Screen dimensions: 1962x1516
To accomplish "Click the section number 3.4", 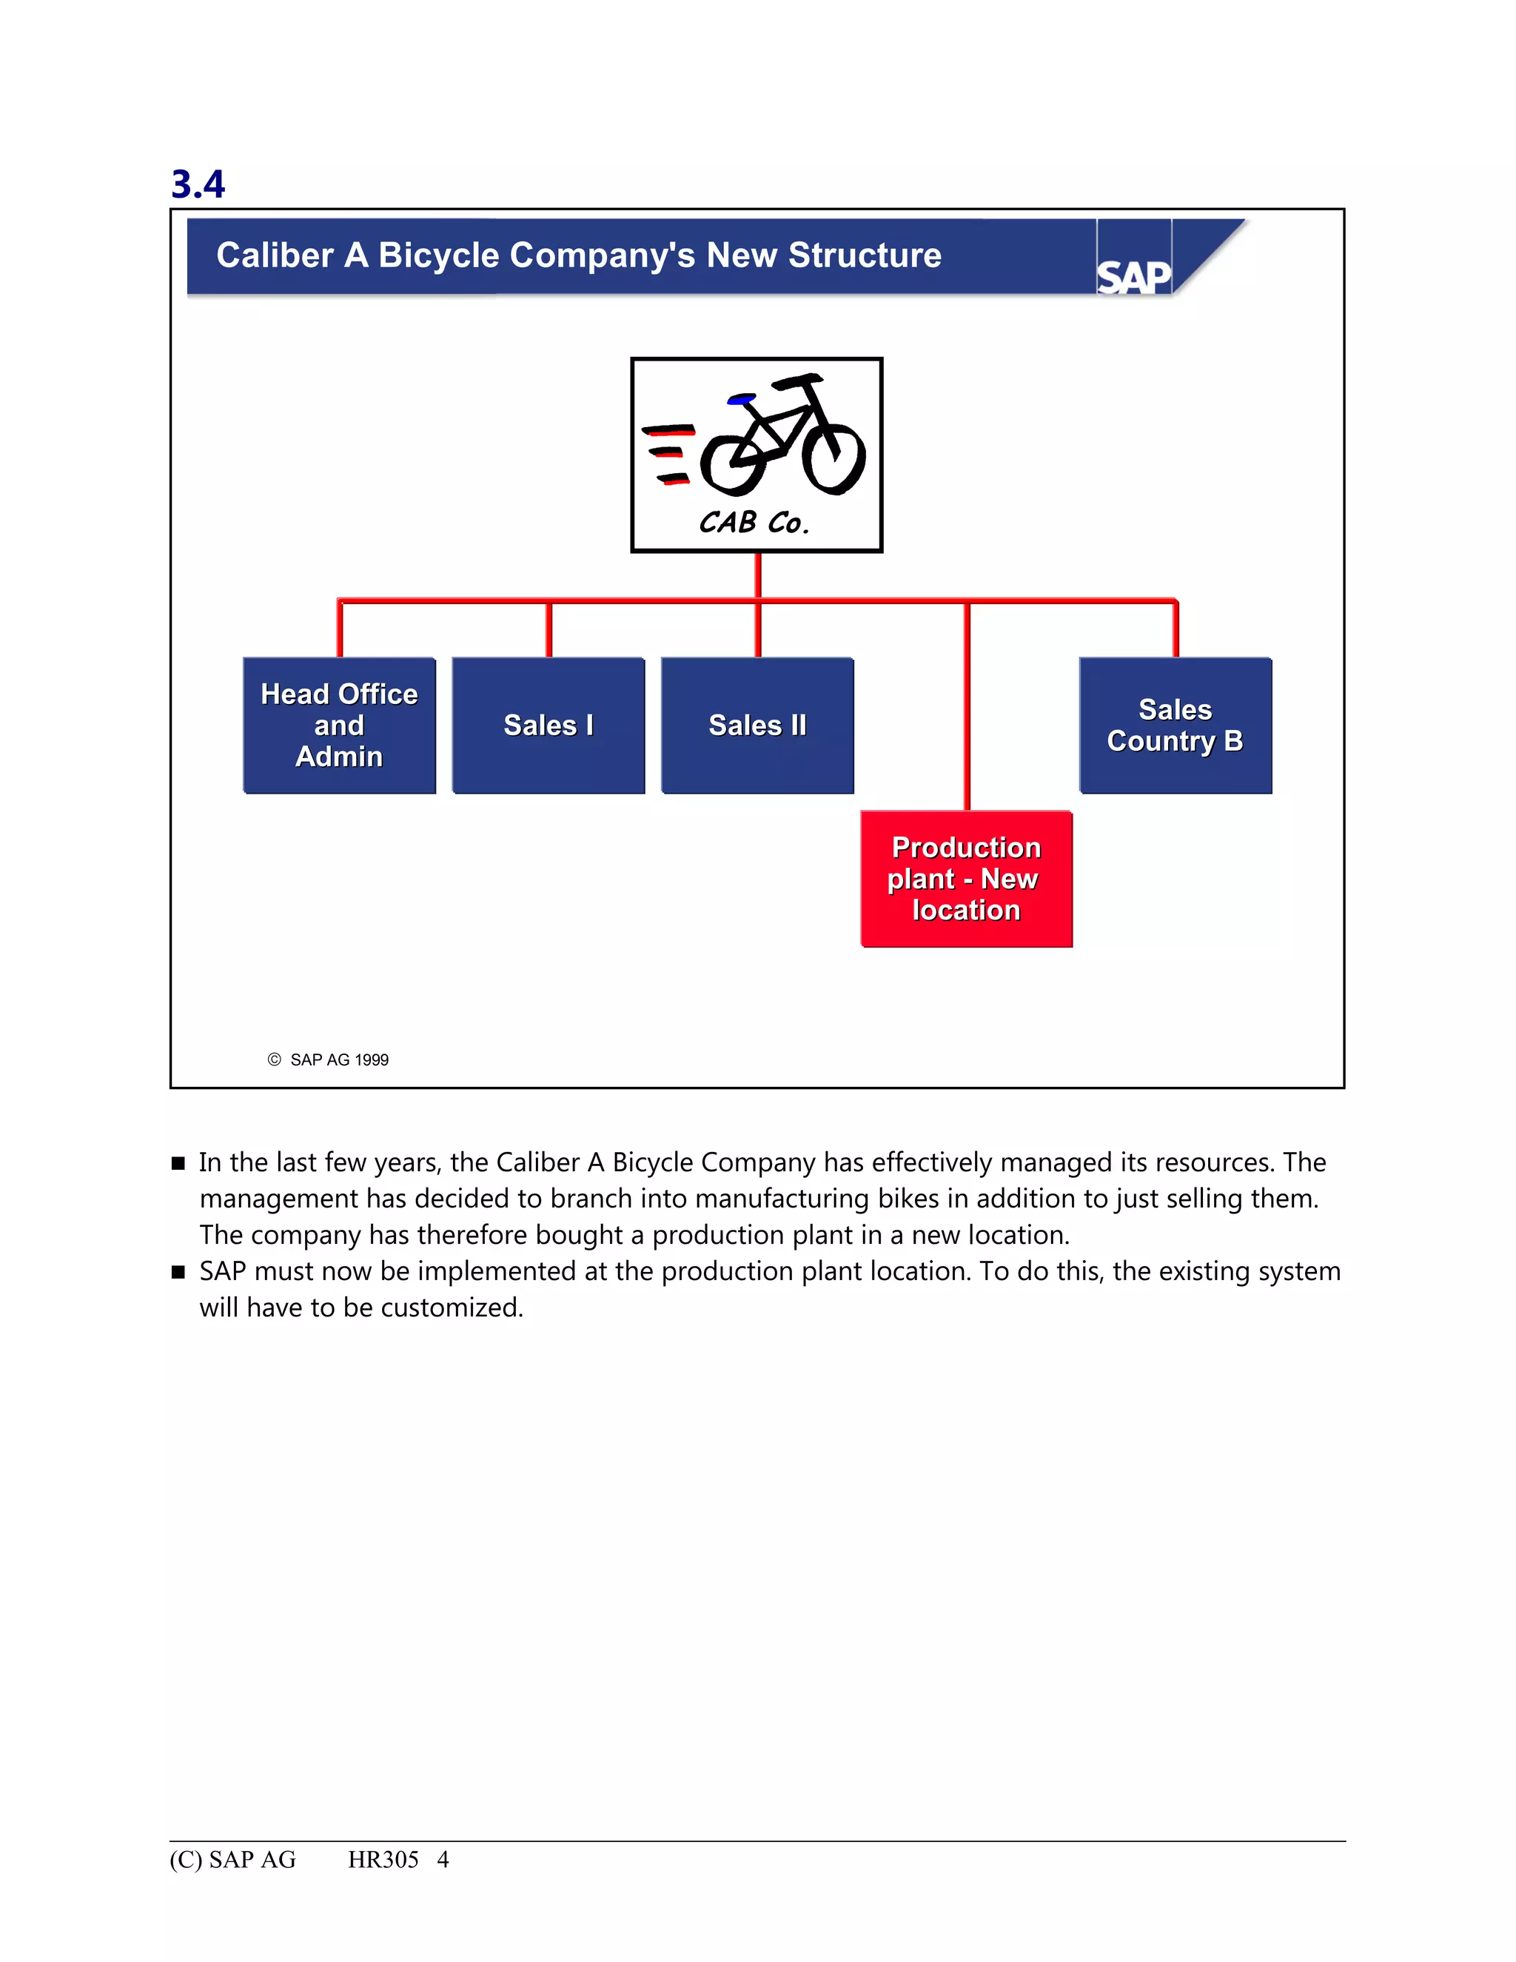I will coord(198,184).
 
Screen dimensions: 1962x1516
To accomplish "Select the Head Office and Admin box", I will coord(340,725).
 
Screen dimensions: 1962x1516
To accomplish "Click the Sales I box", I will coord(548,725).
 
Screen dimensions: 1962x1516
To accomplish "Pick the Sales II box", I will coord(757,725).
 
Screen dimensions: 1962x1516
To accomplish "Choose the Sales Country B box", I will coord(1175,725).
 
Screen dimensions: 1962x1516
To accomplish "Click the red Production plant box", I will coord(966,879).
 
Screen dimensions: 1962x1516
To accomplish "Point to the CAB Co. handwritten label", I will coord(754,522).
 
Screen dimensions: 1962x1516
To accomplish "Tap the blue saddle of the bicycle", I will coord(742,399).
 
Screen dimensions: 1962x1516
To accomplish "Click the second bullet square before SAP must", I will coord(178,1272).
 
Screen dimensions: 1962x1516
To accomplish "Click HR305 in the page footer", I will coord(383,1860).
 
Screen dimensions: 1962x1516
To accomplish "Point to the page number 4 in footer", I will coord(443,1860).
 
